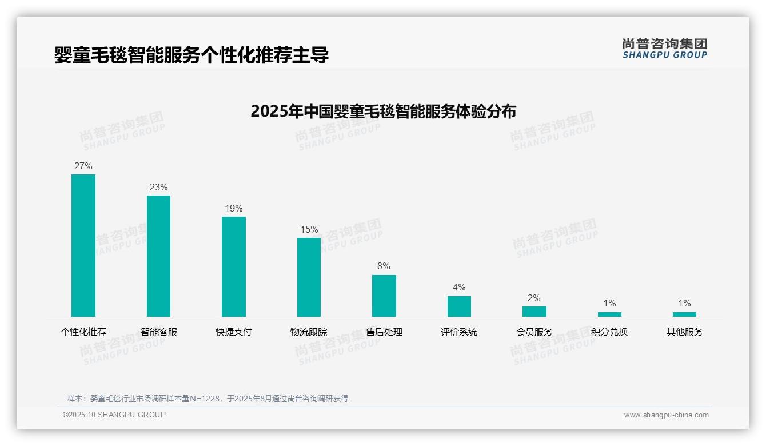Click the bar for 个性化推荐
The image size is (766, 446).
[x=83, y=245]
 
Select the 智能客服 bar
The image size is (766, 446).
[x=158, y=256]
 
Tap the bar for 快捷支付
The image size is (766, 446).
[x=234, y=266]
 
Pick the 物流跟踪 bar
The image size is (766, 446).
[x=309, y=277]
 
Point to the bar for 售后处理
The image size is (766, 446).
[x=384, y=296]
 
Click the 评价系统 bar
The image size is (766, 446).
[x=459, y=306]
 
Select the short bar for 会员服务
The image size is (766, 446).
[x=534, y=312]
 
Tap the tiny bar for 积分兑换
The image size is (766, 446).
[x=609, y=314]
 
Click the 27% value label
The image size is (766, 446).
[x=83, y=166]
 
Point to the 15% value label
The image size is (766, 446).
[x=309, y=230]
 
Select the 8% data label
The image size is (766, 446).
[x=384, y=266]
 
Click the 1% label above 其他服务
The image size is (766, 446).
[x=684, y=304]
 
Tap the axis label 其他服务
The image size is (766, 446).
[x=684, y=332]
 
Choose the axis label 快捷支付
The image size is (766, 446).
[x=234, y=332]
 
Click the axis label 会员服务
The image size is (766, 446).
[x=534, y=332]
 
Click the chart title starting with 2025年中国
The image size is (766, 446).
[x=383, y=111]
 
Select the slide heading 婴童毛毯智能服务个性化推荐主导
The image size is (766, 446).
[x=191, y=55]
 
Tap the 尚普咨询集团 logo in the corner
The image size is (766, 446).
[x=664, y=48]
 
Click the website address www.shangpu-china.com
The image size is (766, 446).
[x=666, y=415]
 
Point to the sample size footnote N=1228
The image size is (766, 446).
[x=208, y=399]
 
